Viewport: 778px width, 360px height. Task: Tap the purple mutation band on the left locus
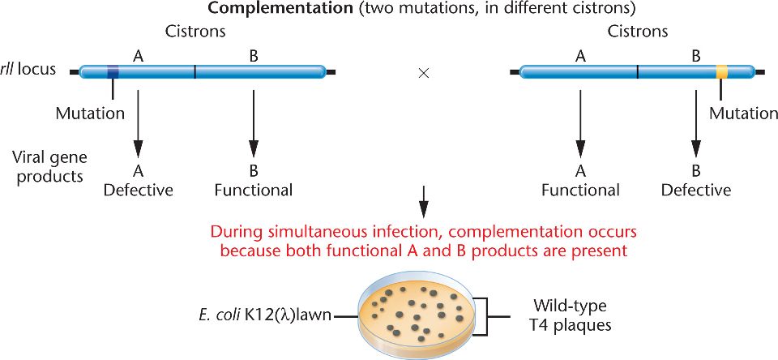click(x=113, y=72)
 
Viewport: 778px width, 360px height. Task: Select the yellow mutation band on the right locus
click(x=721, y=72)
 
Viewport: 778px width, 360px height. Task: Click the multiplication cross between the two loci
click(x=423, y=72)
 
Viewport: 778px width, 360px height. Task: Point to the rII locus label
click(x=28, y=69)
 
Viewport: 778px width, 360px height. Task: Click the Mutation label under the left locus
click(x=90, y=114)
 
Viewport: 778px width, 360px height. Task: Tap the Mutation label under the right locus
click(x=743, y=114)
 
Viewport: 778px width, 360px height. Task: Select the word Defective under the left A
click(x=138, y=191)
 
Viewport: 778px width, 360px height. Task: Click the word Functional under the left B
click(x=254, y=191)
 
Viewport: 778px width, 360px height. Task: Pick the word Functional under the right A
click(x=580, y=191)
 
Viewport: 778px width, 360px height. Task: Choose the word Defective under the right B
click(x=695, y=191)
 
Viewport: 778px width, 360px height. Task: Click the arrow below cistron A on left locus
click(x=138, y=122)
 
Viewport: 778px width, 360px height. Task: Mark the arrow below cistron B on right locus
click(x=695, y=122)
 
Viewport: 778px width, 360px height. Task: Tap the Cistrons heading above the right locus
click(x=638, y=32)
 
